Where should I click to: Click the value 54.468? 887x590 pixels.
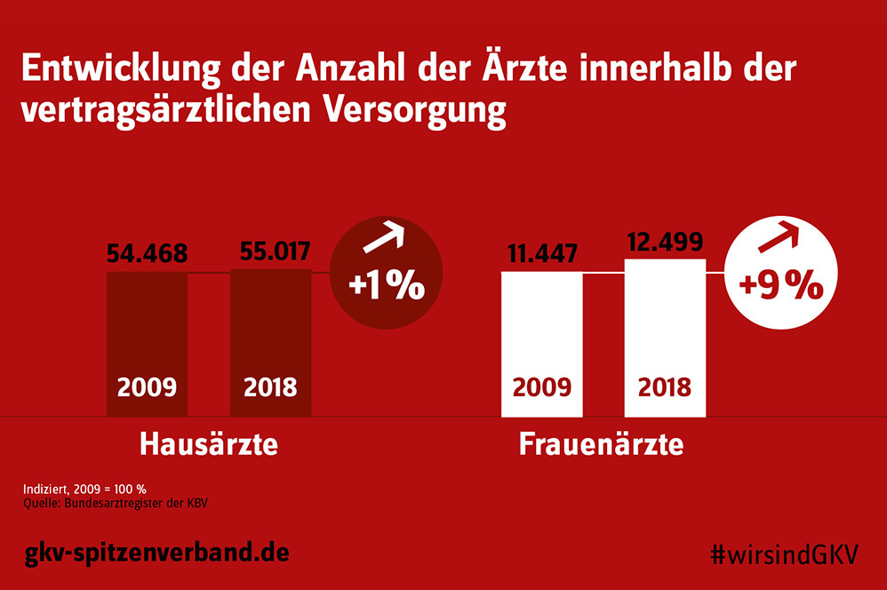point(147,254)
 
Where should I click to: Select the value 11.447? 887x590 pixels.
point(542,254)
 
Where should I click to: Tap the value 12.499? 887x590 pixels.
point(665,242)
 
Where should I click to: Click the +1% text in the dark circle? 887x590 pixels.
point(387,286)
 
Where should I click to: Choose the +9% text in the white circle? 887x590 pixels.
point(781,286)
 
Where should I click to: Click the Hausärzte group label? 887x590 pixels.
point(209,443)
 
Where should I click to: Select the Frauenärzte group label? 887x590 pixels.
point(602,443)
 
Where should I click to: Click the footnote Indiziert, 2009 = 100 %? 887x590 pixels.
point(84,490)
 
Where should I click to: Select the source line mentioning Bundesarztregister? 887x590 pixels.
point(120,504)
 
